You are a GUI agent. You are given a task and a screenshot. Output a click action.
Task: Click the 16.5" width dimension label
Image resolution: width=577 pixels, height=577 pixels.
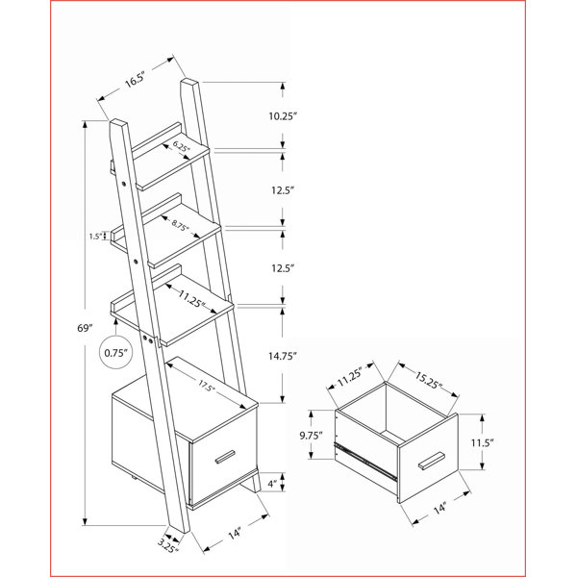click(x=135, y=80)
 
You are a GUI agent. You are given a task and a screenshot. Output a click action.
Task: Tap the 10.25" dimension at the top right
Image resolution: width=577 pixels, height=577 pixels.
click(x=282, y=116)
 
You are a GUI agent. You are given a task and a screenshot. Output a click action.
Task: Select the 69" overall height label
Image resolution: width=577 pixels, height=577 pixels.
click(x=85, y=328)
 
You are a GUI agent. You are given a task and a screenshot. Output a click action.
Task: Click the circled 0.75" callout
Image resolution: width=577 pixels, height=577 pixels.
click(x=116, y=353)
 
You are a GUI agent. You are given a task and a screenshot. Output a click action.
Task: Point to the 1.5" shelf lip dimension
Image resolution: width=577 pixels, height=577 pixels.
click(x=95, y=237)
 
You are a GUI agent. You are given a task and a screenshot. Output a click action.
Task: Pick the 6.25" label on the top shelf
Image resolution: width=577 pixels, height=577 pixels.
click(x=182, y=146)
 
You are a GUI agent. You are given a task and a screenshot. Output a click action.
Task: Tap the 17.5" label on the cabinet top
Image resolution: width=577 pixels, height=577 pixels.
click(x=207, y=386)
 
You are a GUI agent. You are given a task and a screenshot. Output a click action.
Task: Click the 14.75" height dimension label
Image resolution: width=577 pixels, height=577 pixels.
click(x=282, y=356)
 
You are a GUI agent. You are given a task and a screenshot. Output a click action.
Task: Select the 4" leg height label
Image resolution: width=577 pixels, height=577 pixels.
click(x=272, y=484)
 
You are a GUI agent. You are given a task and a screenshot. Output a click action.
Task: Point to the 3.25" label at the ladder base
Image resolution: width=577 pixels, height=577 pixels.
click(x=167, y=545)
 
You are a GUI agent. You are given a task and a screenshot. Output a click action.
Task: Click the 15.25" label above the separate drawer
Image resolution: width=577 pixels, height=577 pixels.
click(x=428, y=380)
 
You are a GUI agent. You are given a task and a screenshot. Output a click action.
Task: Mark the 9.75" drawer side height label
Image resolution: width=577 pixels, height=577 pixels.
click(x=311, y=436)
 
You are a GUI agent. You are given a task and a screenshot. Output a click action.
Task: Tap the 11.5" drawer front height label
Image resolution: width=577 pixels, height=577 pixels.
click(x=483, y=442)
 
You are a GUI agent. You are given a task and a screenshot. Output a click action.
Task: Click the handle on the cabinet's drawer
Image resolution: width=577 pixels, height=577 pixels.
click(x=225, y=456)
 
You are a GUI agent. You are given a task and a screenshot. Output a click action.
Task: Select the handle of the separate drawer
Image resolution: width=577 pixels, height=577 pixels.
click(x=431, y=461)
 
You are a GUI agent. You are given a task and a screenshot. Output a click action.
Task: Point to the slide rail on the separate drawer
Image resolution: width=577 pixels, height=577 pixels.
click(x=365, y=460)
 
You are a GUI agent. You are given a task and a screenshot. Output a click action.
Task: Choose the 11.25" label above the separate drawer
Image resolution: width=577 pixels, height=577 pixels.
click(x=350, y=376)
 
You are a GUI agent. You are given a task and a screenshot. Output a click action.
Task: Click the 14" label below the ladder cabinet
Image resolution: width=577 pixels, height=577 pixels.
click(x=235, y=534)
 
